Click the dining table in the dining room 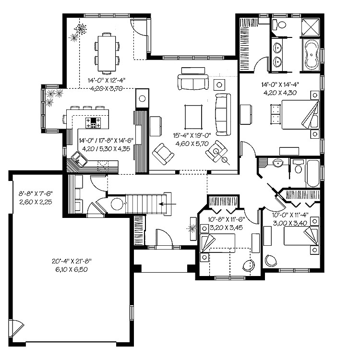coord(107,53)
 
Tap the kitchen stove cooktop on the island coord(93,122)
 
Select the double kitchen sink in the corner coord(79,158)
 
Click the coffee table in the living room coord(193,117)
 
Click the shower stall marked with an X coord(310,27)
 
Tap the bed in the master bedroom coord(300,115)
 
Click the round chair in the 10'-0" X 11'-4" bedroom coord(271,261)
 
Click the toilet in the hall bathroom coord(298,167)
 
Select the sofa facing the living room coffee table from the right coord(223,115)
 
